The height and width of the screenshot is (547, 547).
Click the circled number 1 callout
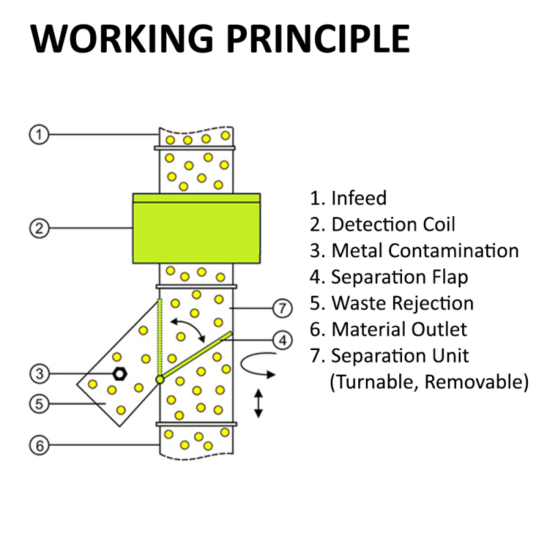tap(39, 135)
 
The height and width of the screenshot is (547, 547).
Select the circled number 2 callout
tap(39, 228)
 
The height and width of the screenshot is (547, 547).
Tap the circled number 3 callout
tap(39, 373)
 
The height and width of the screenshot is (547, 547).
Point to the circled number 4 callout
tap(281, 338)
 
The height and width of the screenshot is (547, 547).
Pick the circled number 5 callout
tap(39, 404)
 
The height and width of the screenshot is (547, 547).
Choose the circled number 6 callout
tap(39, 445)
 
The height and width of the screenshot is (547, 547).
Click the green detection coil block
tap(196, 228)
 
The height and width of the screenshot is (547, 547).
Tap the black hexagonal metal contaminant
tap(120, 373)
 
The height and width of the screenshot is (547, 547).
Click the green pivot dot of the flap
tap(159, 379)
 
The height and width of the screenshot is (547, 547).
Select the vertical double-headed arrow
tap(258, 403)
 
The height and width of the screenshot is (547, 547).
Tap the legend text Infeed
tap(358, 198)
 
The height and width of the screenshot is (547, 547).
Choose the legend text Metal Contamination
tap(424, 250)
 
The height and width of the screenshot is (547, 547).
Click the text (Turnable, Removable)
tap(429, 382)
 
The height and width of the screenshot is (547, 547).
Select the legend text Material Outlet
tap(399, 329)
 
